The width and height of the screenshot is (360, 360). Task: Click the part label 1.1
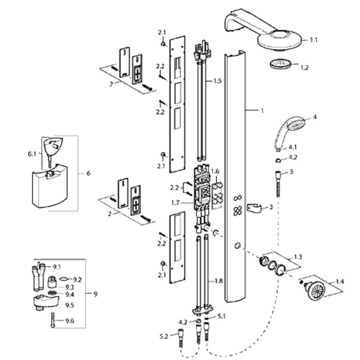click(313, 40)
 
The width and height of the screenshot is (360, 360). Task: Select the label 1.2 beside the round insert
click(304, 67)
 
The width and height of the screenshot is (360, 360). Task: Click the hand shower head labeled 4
click(288, 129)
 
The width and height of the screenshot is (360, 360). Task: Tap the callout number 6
click(89, 173)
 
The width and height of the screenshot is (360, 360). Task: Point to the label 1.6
click(215, 171)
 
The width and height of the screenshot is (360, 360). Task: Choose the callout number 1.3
click(298, 256)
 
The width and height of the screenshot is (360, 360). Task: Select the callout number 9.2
click(77, 279)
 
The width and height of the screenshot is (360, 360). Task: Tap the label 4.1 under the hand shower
click(293, 148)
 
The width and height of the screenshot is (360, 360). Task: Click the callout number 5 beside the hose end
click(291, 172)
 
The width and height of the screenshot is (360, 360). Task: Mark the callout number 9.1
click(57, 267)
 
